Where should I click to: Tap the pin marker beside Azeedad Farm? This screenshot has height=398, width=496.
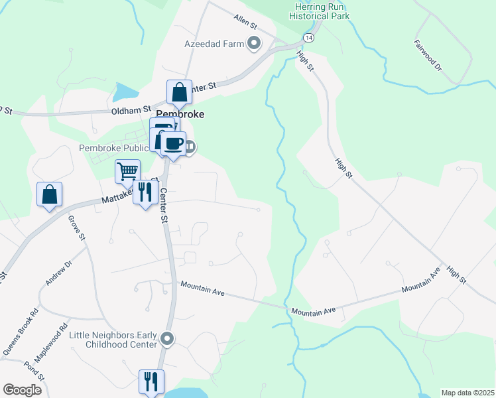pyautogui.click(x=253, y=44)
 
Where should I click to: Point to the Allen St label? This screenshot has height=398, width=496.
pyautogui.click(x=245, y=21)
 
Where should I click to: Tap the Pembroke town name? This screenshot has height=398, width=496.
pyautogui.click(x=180, y=114)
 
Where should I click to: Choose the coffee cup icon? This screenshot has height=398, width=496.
pyautogui.click(x=174, y=143)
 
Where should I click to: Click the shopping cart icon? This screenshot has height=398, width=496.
pyautogui.click(x=127, y=171)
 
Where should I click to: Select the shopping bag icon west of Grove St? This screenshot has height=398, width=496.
pyautogui.click(x=49, y=194)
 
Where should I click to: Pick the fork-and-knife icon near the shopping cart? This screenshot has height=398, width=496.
pyautogui.click(x=145, y=192)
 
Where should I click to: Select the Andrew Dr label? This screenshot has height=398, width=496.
pyautogui.click(x=58, y=273)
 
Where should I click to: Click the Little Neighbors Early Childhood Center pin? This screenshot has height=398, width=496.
pyautogui.click(x=167, y=340)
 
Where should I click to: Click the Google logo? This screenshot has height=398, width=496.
pyautogui.click(x=22, y=389)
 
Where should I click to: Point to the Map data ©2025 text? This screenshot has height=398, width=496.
pyautogui.click(x=467, y=393)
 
